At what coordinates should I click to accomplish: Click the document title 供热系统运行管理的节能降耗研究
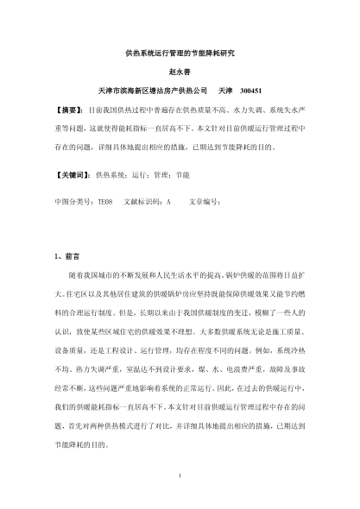[180, 53]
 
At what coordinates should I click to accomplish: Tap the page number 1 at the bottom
[180, 474]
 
